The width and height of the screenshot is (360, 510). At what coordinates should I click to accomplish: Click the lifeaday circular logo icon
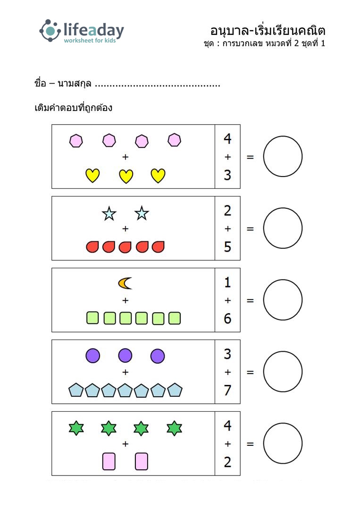pyautogui.click(x=50, y=31)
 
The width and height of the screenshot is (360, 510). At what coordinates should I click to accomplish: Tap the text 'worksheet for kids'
pyautogui.click(x=90, y=40)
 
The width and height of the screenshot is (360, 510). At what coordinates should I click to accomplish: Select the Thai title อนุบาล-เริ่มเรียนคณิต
pyautogui.click(x=268, y=31)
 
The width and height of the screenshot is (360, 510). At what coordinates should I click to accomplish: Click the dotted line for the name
pyautogui.click(x=158, y=85)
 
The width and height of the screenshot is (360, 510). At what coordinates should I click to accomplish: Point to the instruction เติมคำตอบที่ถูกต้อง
pyautogui.click(x=74, y=107)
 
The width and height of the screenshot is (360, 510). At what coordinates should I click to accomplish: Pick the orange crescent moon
pyautogui.click(x=125, y=283)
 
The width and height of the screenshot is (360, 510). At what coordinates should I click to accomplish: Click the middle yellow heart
pyautogui.click(x=126, y=176)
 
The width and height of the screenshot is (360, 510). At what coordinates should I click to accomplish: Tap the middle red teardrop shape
pyautogui.click(x=125, y=247)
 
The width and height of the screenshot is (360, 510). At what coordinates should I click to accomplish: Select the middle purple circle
pyautogui.click(x=125, y=356)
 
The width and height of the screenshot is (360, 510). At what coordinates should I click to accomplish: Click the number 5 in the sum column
pyautogui.click(x=227, y=247)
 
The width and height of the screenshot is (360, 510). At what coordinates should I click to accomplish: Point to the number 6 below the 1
pyautogui.click(x=227, y=318)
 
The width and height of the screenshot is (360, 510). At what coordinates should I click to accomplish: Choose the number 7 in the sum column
pyautogui.click(x=227, y=390)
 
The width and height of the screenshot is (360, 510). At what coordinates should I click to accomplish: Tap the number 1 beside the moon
pyautogui.click(x=227, y=282)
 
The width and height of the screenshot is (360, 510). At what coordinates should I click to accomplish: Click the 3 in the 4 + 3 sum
pyautogui.click(x=227, y=175)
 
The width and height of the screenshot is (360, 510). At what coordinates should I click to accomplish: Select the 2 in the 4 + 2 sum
pyautogui.click(x=227, y=462)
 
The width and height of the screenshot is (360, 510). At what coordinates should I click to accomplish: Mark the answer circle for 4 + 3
pyautogui.click(x=283, y=137)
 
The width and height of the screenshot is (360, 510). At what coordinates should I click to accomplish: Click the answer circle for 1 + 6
pyautogui.click(x=283, y=280)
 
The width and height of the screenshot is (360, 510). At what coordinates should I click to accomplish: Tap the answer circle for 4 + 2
pyautogui.click(x=283, y=424)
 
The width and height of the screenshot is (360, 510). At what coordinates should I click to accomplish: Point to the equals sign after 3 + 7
pyautogui.click(x=250, y=372)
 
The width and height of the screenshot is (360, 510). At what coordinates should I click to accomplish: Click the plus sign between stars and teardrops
pyautogui.click(x=126, y=229)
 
